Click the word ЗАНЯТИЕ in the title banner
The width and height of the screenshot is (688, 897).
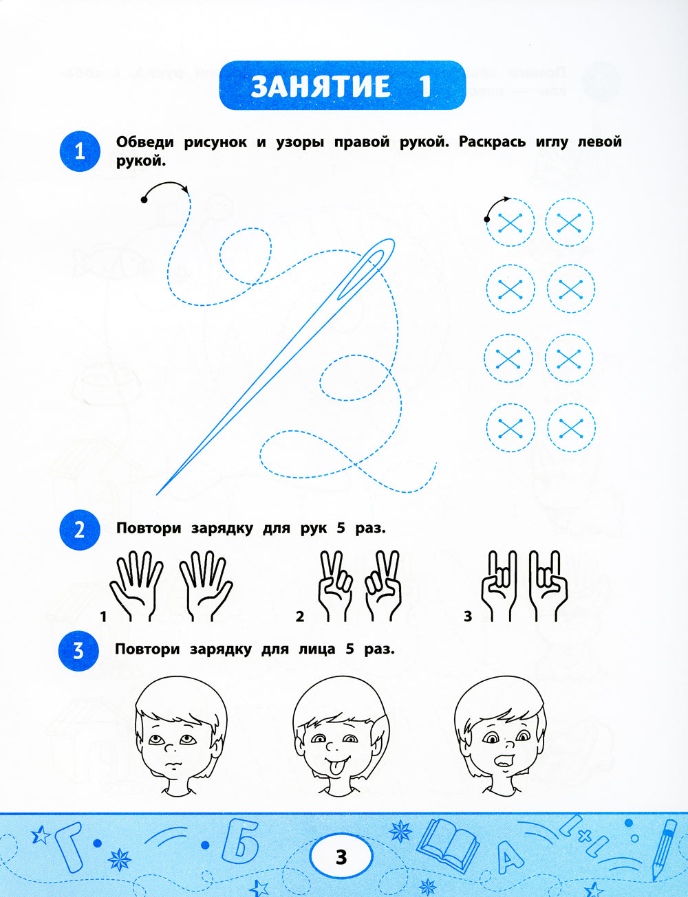[321, 87]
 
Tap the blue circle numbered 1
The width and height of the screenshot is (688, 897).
[80, 151]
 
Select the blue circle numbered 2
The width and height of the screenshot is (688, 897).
[80, 530]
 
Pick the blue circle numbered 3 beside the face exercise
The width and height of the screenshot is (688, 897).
[79, 651]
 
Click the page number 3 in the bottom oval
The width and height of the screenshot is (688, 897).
[341, 856]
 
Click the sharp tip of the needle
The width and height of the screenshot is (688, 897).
[158, 494]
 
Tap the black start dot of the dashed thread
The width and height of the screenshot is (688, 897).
[144, 200]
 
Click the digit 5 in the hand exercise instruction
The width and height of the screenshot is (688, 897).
[341, 528]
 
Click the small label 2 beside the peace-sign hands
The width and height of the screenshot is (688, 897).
[299, 617]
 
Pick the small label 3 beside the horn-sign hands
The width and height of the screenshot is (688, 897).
[467, 617]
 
